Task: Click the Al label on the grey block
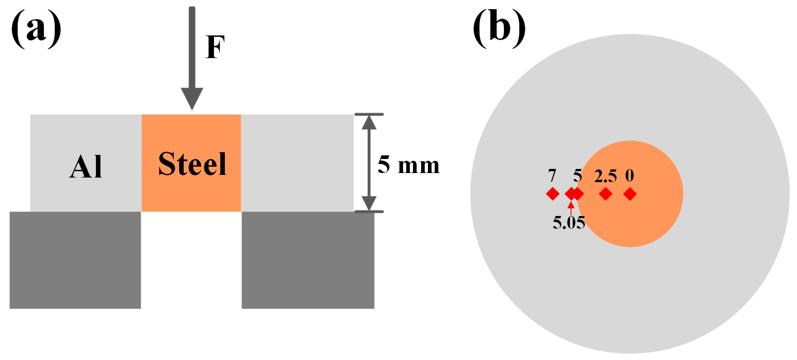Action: pos(85,167)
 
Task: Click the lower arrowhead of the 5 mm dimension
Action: pos(369,203)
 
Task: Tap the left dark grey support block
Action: pos(75,260)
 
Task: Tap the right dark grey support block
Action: pos(308,260)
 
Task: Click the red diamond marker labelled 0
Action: pos(630,194)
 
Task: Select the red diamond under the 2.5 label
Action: pos(605,194)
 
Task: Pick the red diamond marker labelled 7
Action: pos(553,194)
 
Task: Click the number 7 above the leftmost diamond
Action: pos(552,175)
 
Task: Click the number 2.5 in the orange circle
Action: pos(605,176)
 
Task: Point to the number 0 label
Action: pos(630,175)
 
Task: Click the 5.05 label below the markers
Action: pos(569,222)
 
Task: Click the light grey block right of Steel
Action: pos(297,163)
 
